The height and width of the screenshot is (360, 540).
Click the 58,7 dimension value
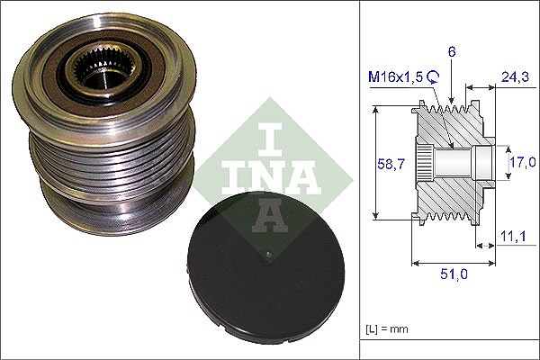[x=391, y=164]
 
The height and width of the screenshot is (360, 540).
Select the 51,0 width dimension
[x=454, y=274]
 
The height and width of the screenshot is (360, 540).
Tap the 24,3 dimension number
[x=515, y=76]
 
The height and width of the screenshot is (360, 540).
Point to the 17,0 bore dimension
[x=523, y=162]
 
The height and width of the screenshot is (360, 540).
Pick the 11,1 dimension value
[x=513, y=237]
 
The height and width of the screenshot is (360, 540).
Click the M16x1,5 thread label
[x=395, y=76]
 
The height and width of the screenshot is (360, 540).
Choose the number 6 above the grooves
[x=452, y=51]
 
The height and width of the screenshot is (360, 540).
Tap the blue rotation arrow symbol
[x=433, y=76]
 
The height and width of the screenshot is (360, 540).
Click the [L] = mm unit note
[x=387, y=329]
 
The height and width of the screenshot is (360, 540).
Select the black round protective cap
[x=265, y=265]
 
